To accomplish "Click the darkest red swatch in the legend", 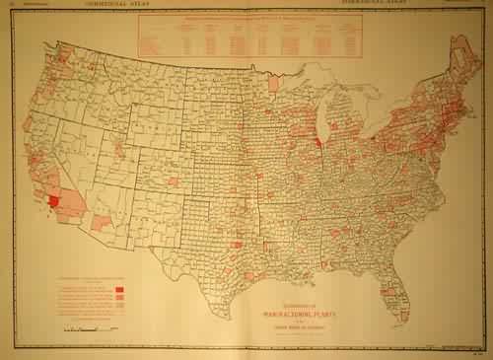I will (118, 286).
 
